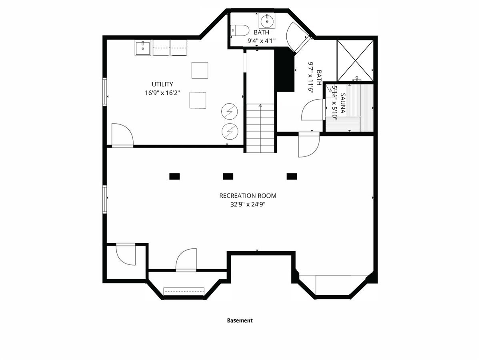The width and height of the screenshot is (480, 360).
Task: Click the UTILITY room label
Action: pyautogui.click(x=162, y=84)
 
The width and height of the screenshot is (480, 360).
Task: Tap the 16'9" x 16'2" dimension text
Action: pyautogui.click(x=162, y=93)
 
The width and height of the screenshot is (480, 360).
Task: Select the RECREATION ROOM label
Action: pyautogui.click(x=248, y=196)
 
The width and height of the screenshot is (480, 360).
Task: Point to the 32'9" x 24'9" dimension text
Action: pyautogui.click(x=248, y=204)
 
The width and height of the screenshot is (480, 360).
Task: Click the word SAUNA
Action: pyautogui.click(x=343, y=103)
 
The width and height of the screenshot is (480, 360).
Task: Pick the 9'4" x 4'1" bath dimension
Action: pyautogui.click(x=261, y=41)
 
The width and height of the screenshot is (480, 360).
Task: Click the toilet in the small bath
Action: pyautogui.click(x=240, y=30)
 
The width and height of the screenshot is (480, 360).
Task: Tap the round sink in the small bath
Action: pyautogui.click(x=267, y=20)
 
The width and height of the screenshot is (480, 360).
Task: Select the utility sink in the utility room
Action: pyautogui.click(x=143, y=48)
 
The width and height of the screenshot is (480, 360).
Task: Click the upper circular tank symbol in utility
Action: pyautogui.click(x=229, y=112)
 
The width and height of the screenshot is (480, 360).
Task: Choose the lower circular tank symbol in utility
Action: pyautogui.click(x=230, y=132)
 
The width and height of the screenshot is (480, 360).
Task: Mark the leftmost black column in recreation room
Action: pyautogui.click(x=174, y=176)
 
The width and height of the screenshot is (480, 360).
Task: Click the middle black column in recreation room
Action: pyautogui.click(x=228, y=176)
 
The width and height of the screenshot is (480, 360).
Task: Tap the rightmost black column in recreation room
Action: pyautogui.click(x=292, y=176)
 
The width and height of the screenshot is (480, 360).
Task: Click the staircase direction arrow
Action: pyautogui.click(x=260, y=128)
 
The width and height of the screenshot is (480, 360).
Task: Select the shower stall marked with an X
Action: pyautogui.click(x=355, y=60)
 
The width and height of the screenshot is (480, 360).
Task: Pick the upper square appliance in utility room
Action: pyautogui.click(x=200, y=70)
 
